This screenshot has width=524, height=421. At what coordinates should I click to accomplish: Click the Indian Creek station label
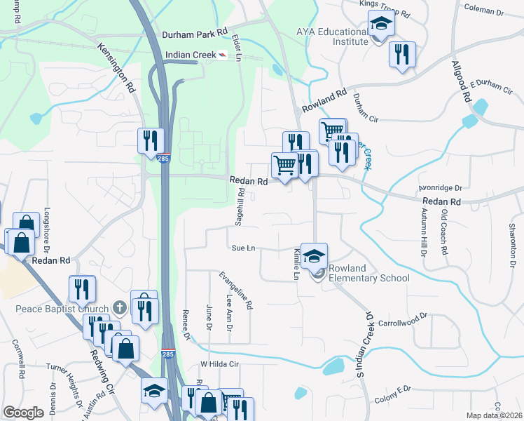[x=191, y=55]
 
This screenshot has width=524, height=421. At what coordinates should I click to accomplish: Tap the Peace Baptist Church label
[x=63, y=309]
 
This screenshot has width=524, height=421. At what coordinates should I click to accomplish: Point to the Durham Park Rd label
[x=195, y=33]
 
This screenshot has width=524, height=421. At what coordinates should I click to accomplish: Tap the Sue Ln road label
[x=242, y=248]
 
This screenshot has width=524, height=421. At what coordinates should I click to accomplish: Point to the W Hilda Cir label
[x=220, y=364]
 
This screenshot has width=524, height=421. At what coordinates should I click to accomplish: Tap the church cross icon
[x=120, y=307]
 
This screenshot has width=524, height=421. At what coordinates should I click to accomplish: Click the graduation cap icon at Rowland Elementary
[x=315, y=255]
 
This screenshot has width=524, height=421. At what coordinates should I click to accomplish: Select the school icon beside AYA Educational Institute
[x=381, y=24]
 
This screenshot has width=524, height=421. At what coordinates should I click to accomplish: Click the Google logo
[x=23, y=413]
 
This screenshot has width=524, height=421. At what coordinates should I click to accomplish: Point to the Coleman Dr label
[x=485, y=11]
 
